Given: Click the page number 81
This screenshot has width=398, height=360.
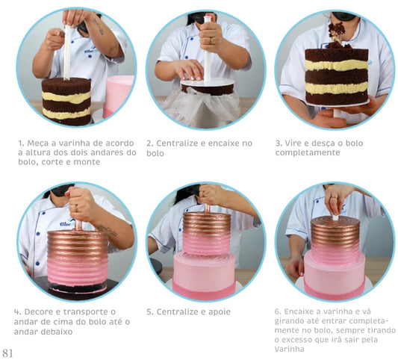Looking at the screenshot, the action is pyautogui.click(x=7, y=353).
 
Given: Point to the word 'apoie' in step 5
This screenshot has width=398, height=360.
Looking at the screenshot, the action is pyautogui.click(x=220, y=312).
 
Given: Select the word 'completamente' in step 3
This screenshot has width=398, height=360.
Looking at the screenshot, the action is pyautogui.click(x=308, y=153).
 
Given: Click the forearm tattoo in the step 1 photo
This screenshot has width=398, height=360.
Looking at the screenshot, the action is pyautogui.click(x=99, y=26).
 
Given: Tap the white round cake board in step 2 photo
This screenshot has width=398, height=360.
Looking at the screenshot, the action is pyautogui.click(x=208, y=84).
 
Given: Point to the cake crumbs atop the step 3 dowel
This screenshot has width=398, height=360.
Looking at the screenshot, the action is pyautogui.click(x=337, y=32).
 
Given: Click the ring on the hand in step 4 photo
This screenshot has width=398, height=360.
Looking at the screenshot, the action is pyautogui.click(x=76, y=208).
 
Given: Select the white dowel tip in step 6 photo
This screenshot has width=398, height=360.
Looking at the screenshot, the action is pyautogui.click(x=335, y=218).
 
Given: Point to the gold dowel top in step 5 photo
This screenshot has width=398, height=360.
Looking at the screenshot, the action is pyautogui.click(x=208, y=208).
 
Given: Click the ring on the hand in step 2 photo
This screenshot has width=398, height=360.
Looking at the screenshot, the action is pyautogui.click(x=210, y=40).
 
